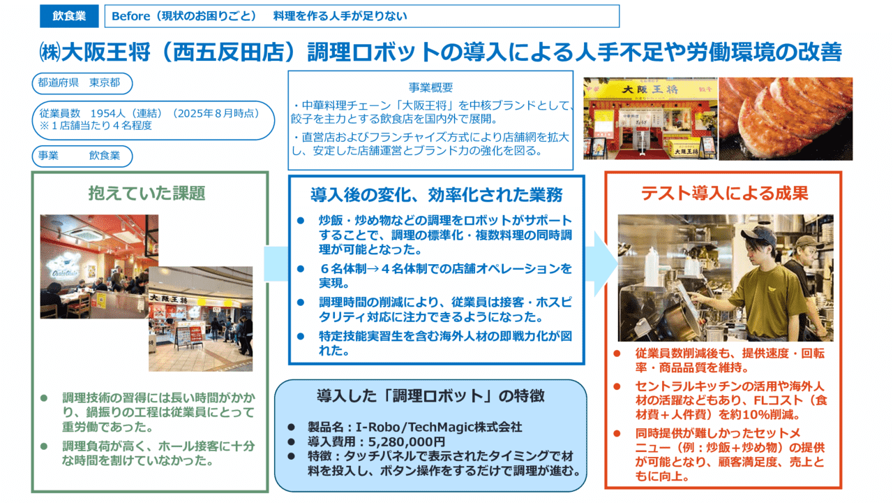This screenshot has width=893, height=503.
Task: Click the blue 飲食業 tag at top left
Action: click(68, 16)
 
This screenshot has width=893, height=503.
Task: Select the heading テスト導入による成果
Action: click(724, 193)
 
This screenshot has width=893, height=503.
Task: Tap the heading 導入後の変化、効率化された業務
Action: click(436, 194)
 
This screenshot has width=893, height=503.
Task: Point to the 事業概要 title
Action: click(430, 88)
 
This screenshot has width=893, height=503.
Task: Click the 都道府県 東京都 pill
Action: click(81, 82)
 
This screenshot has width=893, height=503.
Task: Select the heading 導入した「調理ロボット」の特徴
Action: click(430, 396)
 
